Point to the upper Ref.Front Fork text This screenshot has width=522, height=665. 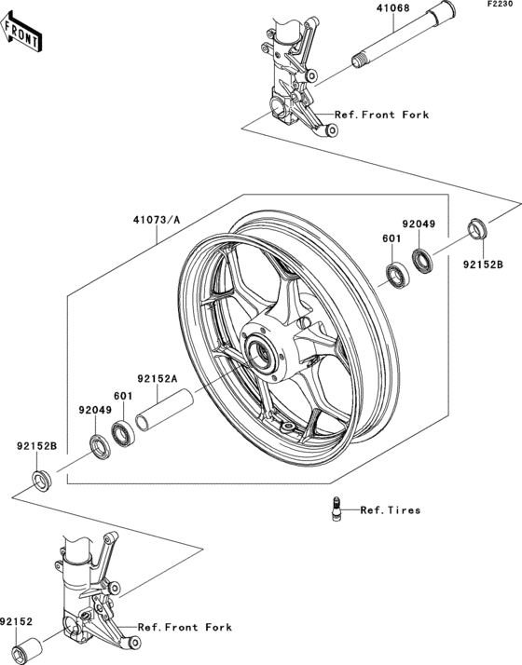tap(382, 115)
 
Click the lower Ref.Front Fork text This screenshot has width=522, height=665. tap(185, 627)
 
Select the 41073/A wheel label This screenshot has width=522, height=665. tap(156, 221)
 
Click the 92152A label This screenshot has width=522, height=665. tap(158, 379)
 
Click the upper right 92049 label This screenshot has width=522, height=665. tap(419, 224)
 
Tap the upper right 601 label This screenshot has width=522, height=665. tap(391, 238)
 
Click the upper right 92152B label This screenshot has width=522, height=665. tap(484, 264)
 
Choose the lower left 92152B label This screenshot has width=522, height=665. tap(36, 446)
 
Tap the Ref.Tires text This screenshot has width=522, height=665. tap(391, 510)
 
